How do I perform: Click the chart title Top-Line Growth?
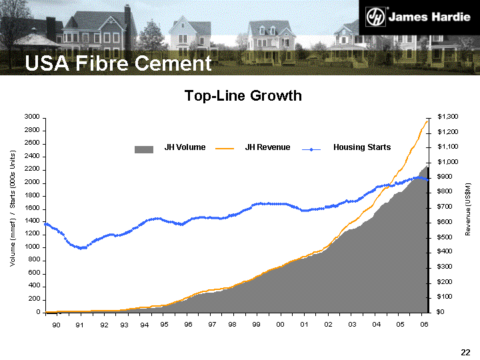(243, 96)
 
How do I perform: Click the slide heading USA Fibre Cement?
(118, 63)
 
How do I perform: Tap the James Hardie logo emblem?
(378, 17)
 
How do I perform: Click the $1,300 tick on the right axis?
(447, 117)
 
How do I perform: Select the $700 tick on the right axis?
(445, 207)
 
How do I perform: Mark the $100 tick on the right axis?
(445, 297)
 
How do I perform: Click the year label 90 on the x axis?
(56, 324)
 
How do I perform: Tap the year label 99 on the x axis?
(256, 324)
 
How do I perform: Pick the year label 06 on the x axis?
(424, 324)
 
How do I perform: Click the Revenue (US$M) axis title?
(468, 209)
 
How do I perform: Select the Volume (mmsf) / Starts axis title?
(13, 209)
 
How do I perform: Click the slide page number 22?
(466, 351)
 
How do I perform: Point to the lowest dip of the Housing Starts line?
(81, 248)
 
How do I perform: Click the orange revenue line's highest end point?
(427, 120)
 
